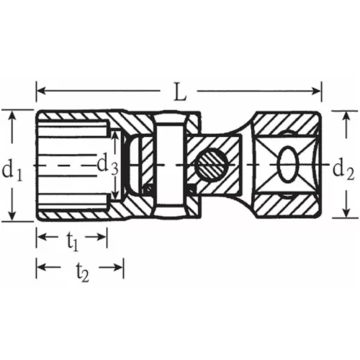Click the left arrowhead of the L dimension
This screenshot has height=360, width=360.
point(40,91)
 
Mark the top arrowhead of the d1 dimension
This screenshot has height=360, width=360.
point(12,115)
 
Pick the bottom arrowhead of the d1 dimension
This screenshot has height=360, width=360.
point(12,216)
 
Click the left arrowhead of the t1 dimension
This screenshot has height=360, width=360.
point(40,238)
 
